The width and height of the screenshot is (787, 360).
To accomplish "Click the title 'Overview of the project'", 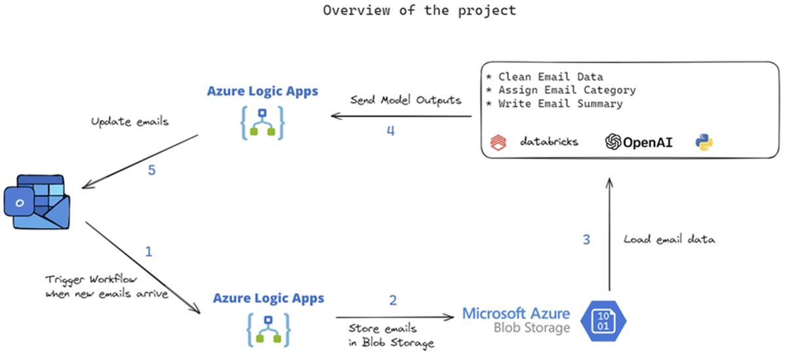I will pyautogui.click(x=419, y=10).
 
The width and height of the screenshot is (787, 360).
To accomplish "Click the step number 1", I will pyautogui.click(x=149, y=251).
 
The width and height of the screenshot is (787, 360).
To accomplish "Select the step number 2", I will pyautogui.click(x=393, y=300).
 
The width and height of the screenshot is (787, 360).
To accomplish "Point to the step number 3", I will pyautogui.click(x=586, y=240).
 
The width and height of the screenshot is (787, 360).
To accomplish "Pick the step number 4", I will pyautogui.click(x=390, y=130).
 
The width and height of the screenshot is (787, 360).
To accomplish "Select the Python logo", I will pyautogui.click(x=704, y=142).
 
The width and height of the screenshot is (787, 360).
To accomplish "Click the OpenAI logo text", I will pyautogui.click(x=639, y=142).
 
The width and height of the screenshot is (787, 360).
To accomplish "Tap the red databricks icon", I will pyautogui.click(x=501, y=142).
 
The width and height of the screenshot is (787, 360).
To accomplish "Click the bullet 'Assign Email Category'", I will pyautogui.click(x=566, y=90).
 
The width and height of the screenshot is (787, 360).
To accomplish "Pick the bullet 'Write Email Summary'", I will pyautogui.click(x=559, y=104).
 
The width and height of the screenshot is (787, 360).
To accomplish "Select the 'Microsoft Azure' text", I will pyautogui.click(x=516, y=313).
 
